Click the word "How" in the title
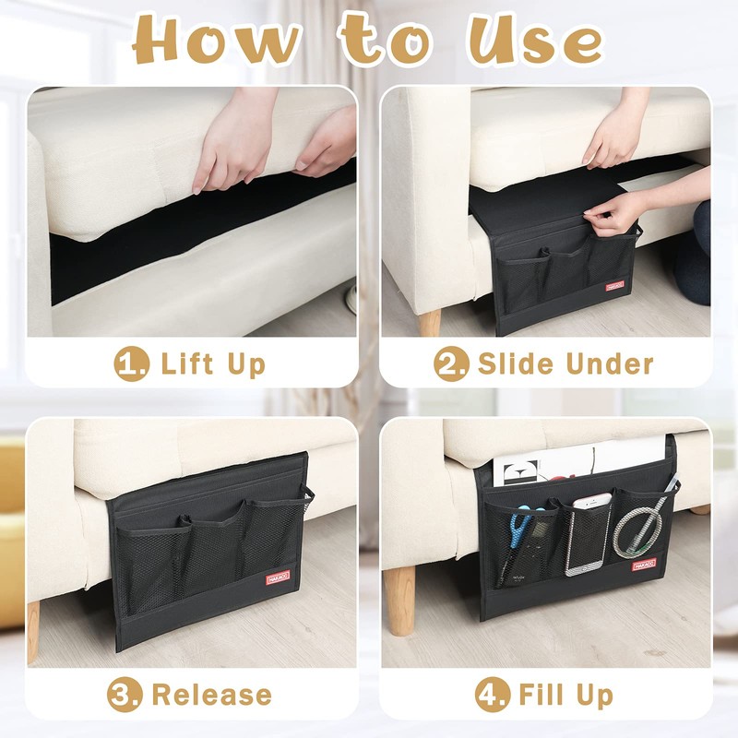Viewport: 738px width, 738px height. click(x=218, y=42)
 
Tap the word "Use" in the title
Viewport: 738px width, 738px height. click(x=535, y=42)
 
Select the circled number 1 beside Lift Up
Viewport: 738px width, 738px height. click(x=131, y=363)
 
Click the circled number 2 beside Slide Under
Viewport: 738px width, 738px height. click(x=451, y=363)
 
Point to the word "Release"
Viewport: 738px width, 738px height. click(x=211, y=694)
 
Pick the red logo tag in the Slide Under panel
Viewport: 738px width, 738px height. click(x=614, y=287)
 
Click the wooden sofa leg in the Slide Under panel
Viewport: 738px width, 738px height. click(x=430, y=323)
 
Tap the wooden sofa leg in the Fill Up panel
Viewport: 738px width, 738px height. click(x=400, y=600)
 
